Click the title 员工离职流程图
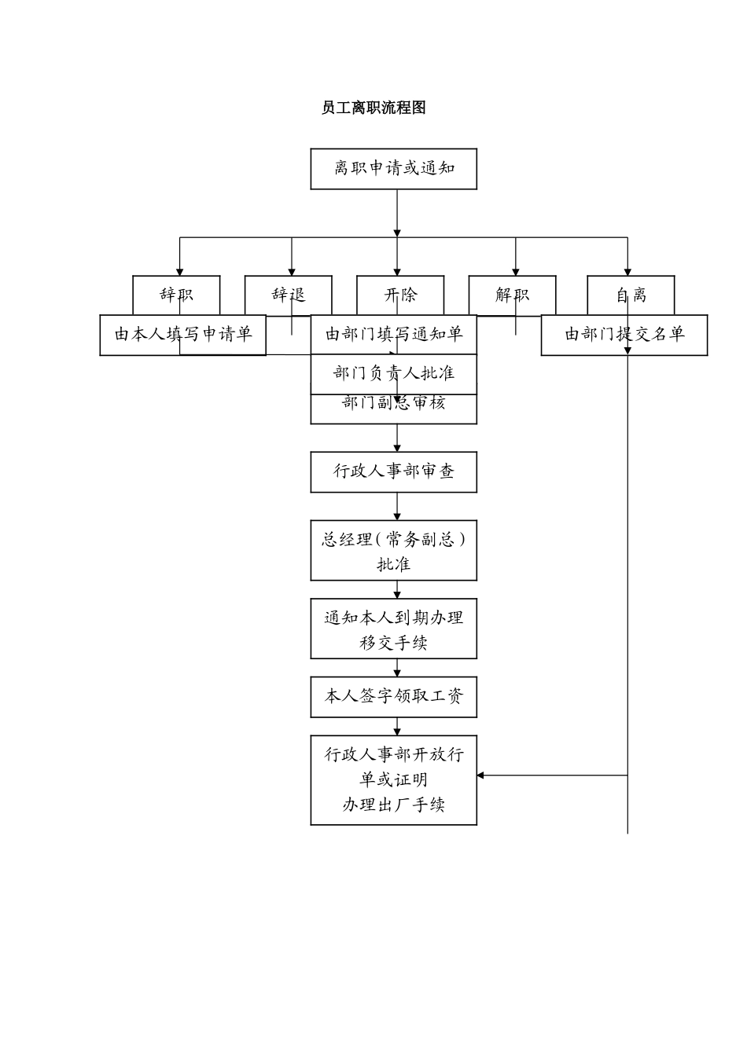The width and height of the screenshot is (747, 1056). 373,108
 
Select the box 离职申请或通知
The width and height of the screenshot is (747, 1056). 393,169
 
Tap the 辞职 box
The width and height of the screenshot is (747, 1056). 176,295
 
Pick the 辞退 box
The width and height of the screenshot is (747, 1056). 288,295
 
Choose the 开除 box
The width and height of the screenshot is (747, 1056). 400,295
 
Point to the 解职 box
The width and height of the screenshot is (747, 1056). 512,295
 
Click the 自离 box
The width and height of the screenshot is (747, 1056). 631,295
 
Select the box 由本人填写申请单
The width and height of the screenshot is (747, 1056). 182,335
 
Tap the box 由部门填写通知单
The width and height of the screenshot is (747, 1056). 393,335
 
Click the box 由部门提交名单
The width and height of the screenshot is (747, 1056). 624,335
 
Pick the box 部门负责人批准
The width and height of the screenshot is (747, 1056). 393,374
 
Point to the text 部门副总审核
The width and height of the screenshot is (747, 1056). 393,404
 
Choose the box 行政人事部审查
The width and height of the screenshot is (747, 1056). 393,471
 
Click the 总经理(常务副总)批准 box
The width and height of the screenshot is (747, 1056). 393,552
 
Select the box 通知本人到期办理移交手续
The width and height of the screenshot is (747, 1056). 393,629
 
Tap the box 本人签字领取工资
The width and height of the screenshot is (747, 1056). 393,697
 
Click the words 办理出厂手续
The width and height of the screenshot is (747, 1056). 393,805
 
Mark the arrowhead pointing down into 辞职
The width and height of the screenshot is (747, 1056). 180,271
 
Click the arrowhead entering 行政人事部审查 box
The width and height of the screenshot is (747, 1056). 397,448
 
